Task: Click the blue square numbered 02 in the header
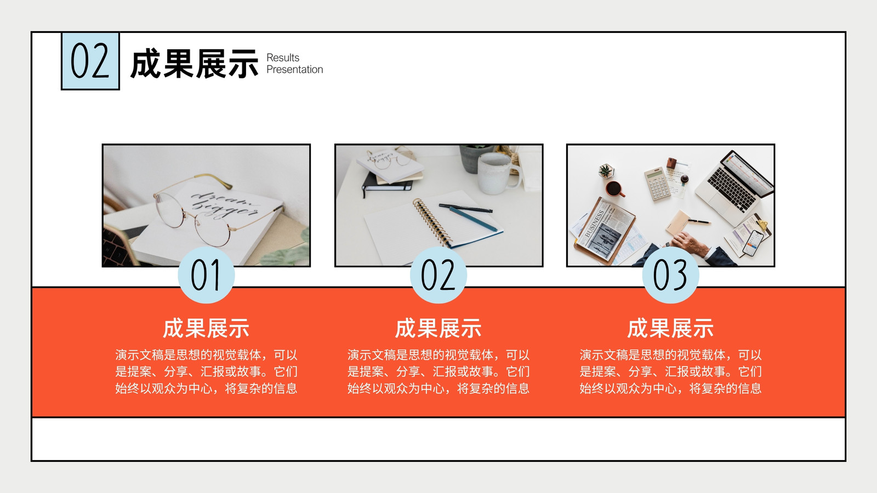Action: coord(90,61)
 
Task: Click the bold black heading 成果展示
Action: coord(194,64)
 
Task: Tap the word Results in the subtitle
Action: coord(283,58)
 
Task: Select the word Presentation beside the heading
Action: coord(295,70)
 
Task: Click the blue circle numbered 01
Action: coord(206,275)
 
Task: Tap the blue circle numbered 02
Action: coord(438,275)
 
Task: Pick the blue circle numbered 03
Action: coord(671,275)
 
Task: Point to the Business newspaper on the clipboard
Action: coord(605,231)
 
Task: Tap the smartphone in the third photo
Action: coord(753,243)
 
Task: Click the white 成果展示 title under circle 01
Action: coord(206,328)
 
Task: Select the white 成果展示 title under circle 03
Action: coord(671,328)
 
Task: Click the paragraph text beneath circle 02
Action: coord(438,371)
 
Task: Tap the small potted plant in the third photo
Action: coord(606,171)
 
